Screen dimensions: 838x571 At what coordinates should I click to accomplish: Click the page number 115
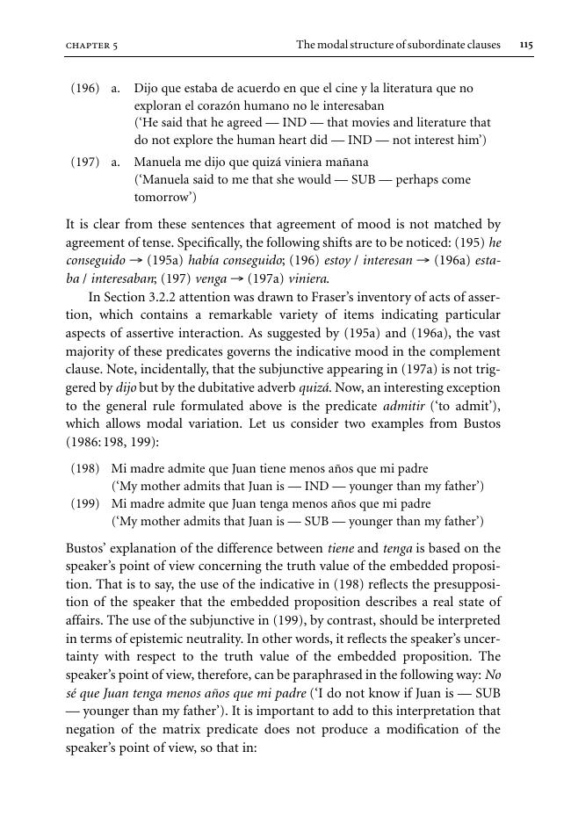[526, 44]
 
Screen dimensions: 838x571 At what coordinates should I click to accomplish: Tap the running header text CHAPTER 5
[92, 45]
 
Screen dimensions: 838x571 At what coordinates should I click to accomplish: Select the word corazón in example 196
[202, 105]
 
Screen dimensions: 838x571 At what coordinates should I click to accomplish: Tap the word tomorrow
[163, 196]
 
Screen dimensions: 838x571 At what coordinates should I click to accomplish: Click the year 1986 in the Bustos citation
[84, 441]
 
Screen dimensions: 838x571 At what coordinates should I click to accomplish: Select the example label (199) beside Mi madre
[85, 504]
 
